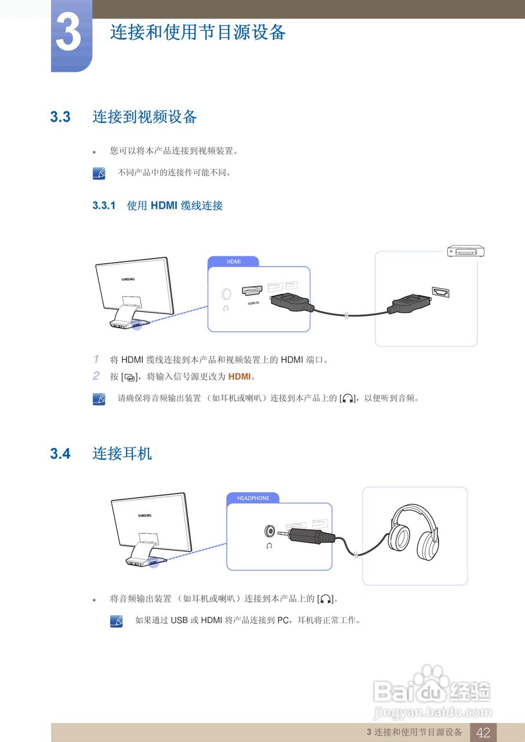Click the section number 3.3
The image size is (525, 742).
coord(60,117)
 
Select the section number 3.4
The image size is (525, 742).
coord(60,454)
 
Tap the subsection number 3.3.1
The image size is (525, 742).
coord(104,206)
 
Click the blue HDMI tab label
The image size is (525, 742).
coord(233,261)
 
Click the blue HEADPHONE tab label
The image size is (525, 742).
coord(253,498)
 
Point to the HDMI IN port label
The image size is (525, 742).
coord(253,303)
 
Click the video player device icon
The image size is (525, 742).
coord(465,251)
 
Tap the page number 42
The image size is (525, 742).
coord(483,733)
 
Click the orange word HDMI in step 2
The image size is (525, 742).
coord(239,377)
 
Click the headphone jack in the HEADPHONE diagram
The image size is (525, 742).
coord(269,530)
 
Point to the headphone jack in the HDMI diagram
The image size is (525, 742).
coord(226,294)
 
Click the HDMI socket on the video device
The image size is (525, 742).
coord(440,293)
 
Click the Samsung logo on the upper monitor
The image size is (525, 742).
coord(128,279)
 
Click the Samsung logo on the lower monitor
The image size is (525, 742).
coord(144,515)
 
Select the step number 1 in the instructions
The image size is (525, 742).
coord(96,359)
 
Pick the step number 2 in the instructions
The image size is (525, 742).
coord(96,376)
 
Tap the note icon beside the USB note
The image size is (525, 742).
coord(116,621)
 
